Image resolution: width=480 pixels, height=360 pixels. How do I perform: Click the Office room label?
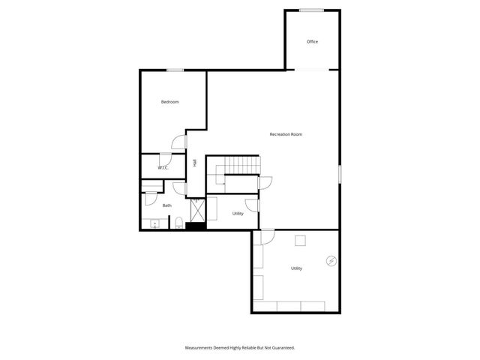312,41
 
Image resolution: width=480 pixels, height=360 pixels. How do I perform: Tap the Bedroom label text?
170,102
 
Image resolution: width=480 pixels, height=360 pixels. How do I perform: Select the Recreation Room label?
286,134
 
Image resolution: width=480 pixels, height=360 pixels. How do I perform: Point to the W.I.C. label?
162,168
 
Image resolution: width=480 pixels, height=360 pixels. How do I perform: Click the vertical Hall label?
194,163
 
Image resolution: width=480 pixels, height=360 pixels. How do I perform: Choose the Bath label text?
166,205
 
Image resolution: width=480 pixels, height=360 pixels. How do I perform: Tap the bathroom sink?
154,223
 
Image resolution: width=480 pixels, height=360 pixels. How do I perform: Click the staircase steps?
241,165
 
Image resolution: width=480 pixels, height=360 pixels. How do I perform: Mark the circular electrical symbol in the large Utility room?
330,261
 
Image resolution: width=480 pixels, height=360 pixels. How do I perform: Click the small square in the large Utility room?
300,240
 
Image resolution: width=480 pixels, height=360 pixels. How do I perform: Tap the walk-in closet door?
164,157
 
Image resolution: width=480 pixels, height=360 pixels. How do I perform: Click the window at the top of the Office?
312,10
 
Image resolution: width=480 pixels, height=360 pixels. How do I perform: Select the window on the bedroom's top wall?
175,70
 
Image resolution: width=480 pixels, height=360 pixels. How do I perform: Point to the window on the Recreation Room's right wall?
340,173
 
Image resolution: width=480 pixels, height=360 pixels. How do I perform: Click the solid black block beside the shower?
196,226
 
